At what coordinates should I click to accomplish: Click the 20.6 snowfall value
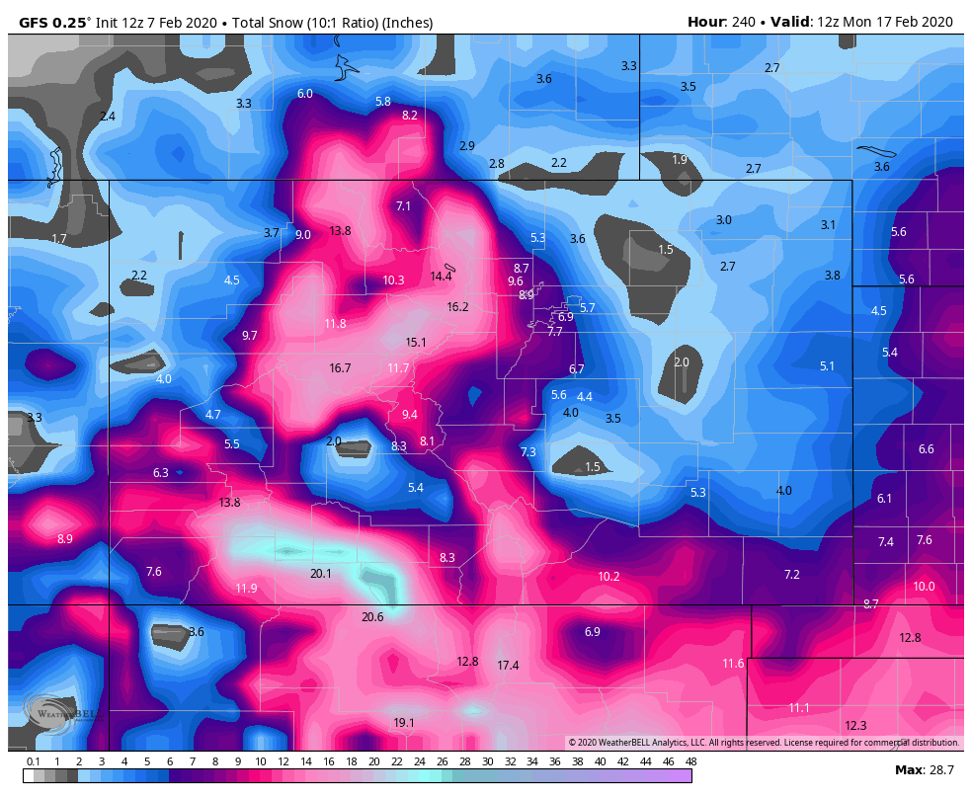tap(372, 617)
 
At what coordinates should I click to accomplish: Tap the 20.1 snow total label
tap(320, 574)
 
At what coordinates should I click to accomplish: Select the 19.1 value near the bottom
tap(404, 723)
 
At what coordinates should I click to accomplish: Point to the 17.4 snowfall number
tap(508, 666)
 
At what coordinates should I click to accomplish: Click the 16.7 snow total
tap(340, 368)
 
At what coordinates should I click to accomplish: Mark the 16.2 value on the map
tap(457, 307)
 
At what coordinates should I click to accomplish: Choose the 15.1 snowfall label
tap(416, 343)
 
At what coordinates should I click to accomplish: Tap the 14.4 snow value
tap(441, 277)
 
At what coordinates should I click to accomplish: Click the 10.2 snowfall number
tap(608, 577)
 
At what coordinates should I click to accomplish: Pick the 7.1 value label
tap(403, 206)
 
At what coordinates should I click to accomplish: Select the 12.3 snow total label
tap(855, 726)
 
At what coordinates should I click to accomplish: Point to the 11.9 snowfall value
tap(246, 589)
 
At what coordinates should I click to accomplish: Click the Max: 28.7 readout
tap(924, 769)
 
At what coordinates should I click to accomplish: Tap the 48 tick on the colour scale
tap(690, 761)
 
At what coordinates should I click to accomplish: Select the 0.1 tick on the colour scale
tap(33, 761)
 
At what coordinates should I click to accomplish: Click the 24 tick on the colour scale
tap(419, 761)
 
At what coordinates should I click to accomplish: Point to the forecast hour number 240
tap(743, 22)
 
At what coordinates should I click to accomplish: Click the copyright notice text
tap(763, 743)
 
